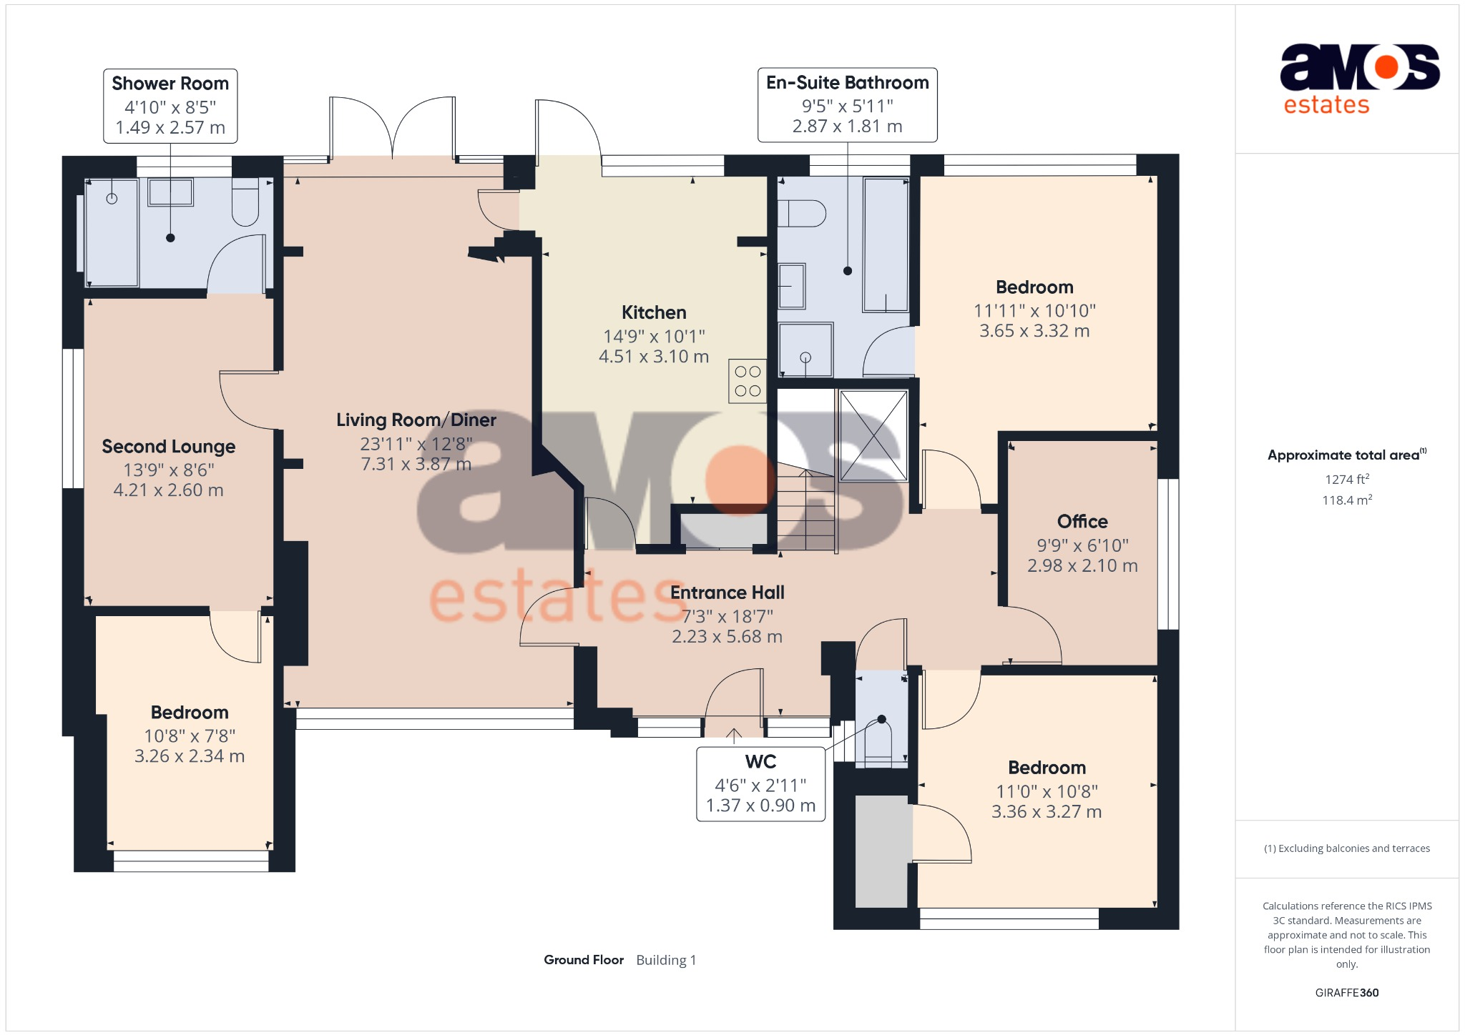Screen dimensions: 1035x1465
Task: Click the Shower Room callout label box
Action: [170, 106]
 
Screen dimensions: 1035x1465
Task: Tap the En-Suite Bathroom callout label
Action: [847, 105]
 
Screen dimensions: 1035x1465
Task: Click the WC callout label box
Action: [760, 784]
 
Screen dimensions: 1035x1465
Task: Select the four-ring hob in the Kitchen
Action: [748, 381]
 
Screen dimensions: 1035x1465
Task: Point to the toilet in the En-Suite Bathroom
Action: [802, 213]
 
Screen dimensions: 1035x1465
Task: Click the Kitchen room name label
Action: [654, 312]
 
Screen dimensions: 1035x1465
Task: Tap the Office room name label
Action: [1082, 522]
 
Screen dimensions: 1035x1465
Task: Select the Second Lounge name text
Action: [168, 447]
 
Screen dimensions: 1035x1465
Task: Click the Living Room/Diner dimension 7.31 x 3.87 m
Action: [416, 465]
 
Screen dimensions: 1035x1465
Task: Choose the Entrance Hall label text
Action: [727, 593]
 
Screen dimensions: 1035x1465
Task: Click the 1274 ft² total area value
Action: [1346, 480]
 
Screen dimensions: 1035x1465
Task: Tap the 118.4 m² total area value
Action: [1346, 500]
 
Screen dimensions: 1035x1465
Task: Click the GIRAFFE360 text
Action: [1346, 993]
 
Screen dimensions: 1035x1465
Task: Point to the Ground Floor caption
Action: [584, 960]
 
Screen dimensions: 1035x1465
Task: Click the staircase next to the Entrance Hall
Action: [806, 511]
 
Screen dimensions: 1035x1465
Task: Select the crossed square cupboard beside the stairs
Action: [873, 435]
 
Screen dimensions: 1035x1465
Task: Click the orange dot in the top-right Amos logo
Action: [1386, 67]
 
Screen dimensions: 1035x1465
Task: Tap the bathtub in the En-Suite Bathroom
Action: [886, 244]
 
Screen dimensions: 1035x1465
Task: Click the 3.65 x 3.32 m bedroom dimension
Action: [1034, 331]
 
